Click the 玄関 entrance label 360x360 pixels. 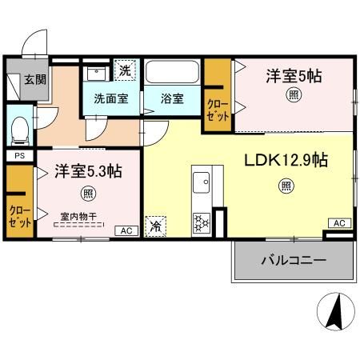[35, 79]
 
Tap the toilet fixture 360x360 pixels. [20, 131]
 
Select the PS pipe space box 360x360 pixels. [20, 156]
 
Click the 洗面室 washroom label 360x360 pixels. [111, 98]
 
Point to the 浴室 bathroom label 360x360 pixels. [172, 98]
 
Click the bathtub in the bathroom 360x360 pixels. [173, 72]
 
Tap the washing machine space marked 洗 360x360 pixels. [125, 70]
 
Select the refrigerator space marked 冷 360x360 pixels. [155, 226]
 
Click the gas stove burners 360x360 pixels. [202, 222]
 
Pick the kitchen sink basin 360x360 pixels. [202, 182]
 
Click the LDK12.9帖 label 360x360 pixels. [286, 160]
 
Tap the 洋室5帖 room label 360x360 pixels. [294, 76]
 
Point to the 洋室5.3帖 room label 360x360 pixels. [88, 171]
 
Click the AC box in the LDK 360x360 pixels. [339, 223]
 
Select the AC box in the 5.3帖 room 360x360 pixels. [126, 230]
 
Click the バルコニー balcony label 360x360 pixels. [294, 260]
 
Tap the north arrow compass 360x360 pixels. [336, 311]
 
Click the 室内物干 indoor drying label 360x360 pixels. [78, 216]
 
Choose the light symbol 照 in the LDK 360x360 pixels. [286, 186]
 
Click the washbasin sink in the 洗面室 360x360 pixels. [96, 74]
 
